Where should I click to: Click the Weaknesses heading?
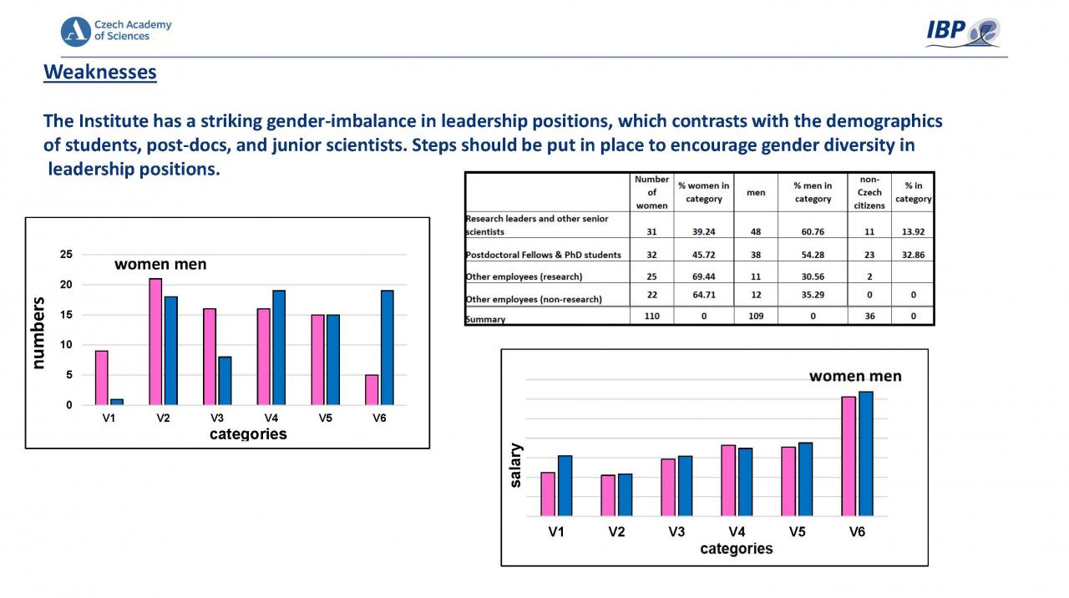tap(100, 73)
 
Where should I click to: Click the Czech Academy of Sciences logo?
tap(116, 31)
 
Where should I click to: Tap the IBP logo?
tap(963, 33)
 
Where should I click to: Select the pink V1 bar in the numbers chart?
tap(102, 378)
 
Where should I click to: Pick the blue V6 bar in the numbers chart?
tap(387, 347)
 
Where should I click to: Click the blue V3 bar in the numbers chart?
tap(225, 381)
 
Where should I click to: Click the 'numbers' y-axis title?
tap(38, 332)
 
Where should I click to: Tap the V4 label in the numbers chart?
tap(271, 418)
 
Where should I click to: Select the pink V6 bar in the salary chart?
tap(849, 456)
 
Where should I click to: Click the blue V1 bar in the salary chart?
tap(565, 485)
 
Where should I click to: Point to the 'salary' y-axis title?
tap(516, 465)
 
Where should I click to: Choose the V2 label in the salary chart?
tap(616, 532)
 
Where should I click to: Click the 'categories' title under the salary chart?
tap(736, 549)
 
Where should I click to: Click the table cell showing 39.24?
tap(703, 232)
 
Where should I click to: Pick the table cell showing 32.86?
tap(913, 255)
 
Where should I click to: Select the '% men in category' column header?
tap(812, 192)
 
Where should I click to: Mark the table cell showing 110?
tap(651, 317)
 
